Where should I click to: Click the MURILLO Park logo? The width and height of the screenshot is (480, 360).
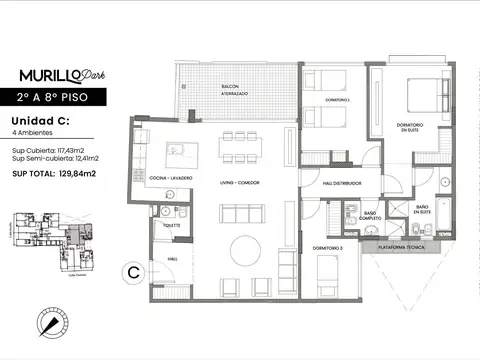(x=61, y=75)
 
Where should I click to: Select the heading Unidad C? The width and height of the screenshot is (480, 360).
(x=38, y=120)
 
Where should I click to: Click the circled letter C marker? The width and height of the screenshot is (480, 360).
(x=132, y=271)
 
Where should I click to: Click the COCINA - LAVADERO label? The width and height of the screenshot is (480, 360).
(x=171, y=178)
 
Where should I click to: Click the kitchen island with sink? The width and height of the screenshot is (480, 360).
(x=181, y=154)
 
